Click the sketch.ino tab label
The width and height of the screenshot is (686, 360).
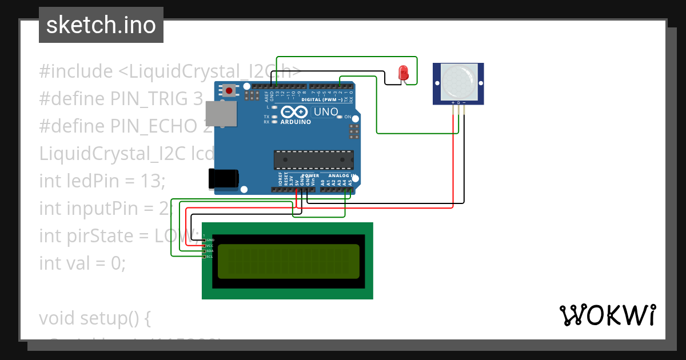point(101,25)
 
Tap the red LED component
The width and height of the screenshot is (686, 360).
point(403,73)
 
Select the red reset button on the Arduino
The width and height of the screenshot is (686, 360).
point(230,90)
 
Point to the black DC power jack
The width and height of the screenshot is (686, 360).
point(224,178)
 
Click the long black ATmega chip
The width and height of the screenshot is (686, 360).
point(313,160)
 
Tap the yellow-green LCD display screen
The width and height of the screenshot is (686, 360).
point(288,261)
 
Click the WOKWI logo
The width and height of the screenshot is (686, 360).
point(607,315)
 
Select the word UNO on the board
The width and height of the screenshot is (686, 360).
point(326,112)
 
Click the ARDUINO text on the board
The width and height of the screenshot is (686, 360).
point(296,122)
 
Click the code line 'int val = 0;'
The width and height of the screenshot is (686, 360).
point(82,263)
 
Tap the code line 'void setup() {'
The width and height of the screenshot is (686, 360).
point(94,318)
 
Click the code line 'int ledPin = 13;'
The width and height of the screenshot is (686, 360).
point(102,181)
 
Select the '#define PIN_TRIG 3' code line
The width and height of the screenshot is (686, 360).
point(121,99)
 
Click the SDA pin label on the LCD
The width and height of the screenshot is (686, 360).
point(209,251)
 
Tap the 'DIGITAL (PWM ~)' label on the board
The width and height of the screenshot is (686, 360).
point(322,99)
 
